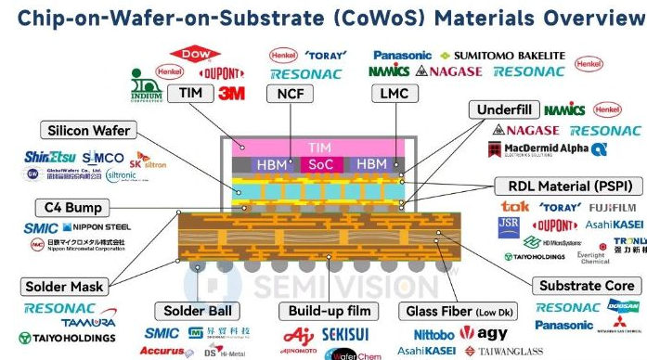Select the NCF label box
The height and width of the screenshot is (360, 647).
point(291,93)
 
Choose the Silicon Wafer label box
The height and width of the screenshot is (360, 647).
point(89,131)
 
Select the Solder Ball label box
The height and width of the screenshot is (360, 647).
point(197,310)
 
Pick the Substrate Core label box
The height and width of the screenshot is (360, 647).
point(587,286)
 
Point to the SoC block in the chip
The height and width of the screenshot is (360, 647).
point(319,163)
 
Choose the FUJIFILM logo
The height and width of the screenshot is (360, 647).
point(613,207)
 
